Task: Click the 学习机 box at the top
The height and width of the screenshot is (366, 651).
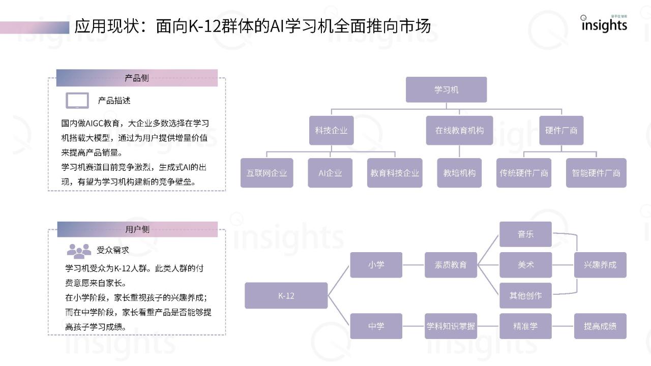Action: (446, 89)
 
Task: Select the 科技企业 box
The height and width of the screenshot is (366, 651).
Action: (331, 131)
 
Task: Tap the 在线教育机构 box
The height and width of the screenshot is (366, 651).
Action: (459, 131)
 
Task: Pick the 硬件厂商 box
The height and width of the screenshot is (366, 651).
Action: (561, 131)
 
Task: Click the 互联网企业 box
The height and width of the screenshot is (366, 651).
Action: (267, 173)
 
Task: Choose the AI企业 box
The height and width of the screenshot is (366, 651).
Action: (330, 173)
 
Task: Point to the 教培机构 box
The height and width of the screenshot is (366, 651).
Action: (459, 173)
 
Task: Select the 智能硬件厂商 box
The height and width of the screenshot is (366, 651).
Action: (596, 173)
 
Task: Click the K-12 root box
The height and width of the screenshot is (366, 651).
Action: (286, 295)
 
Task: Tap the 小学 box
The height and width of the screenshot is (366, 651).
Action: (376, 265)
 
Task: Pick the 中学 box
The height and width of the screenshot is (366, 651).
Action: (376, 326)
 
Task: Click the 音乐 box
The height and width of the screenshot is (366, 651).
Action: (525, 234)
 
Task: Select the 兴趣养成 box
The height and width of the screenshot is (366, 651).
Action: (600, 265)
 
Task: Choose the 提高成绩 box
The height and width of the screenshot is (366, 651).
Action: (600, 326)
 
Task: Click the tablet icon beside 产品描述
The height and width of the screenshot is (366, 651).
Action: (77, 101)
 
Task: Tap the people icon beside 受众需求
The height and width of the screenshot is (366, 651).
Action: (79, 251)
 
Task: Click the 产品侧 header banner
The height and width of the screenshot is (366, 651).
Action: (137, 78)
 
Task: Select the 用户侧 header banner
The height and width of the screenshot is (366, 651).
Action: (137, 229)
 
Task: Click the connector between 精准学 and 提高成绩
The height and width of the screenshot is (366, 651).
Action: (563, 326)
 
